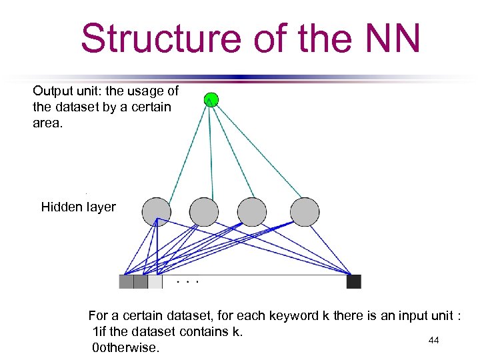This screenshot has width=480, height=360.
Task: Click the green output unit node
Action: [x=211, y=100]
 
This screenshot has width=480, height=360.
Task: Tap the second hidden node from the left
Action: [x=203, y=212]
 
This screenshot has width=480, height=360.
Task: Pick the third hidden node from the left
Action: [x=252, y=212]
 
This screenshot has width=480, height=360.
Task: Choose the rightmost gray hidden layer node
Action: [x=305, y=212]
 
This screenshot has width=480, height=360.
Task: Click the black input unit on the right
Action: [x=353, y=281]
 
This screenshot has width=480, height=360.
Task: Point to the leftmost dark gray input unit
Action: [x=126, y=281]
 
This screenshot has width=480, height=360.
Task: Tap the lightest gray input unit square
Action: [x=155, y=281]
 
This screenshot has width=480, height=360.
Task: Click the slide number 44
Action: [x=433, y=341]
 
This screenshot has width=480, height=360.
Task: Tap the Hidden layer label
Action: [x=78, y=207]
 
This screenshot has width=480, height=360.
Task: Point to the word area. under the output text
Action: [x=47, y=123]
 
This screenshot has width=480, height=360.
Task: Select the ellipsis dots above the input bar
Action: [x=188, y=281]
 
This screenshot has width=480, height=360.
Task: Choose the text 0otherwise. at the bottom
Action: [x=126, y=347]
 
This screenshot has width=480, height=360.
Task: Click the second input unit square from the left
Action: [x=141, y=281]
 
